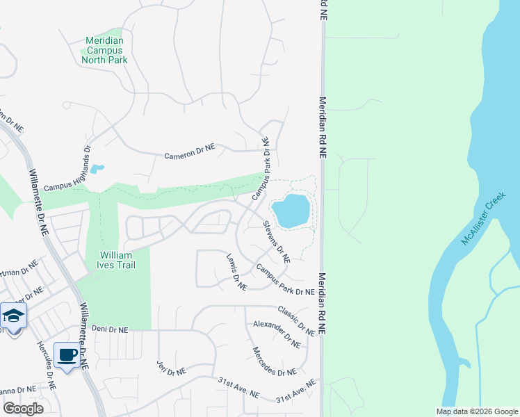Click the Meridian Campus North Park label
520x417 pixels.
pyautogui.click(x=104, y=50)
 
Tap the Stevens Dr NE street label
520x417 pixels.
pyautogui.click(x=276, y=242)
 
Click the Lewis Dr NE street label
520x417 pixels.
pyautogui.click(x=236, y=272)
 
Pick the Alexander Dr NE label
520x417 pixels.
pyautogui.click(x=277, y=334)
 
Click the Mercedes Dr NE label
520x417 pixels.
pyautogui.click(x=274, y=362)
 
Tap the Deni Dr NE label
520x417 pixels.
pyautogui.click(x=111, y=329)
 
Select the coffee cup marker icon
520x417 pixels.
pyautogui.click(x=67, y=355)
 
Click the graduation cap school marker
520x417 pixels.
pyautogui.click(x=13, y=316)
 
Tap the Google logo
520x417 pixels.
pyautogui.click(x=23, y=409)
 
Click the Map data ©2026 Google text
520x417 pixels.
pyautogui.click(x=476, y=411)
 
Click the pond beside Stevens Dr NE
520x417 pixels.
pyautogui.click(x=291, y=211)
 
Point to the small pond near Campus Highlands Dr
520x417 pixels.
pyautogui.click(x=97, y=169)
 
